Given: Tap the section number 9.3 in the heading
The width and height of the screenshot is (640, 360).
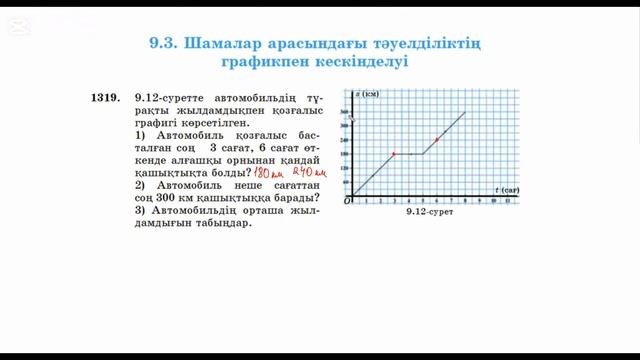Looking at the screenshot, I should [x=162, y=43].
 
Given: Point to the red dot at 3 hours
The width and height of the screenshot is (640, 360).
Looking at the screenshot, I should [x=394, y=154].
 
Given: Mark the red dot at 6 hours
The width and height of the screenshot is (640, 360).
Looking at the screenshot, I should [x=437, y=139].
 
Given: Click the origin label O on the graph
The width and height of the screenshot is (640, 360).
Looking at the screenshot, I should [x=348, y=201].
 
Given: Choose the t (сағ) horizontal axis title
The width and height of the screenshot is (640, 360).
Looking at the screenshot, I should [x=507, y=189].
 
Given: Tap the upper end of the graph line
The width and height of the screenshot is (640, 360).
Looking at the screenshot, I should [x=465, y=112].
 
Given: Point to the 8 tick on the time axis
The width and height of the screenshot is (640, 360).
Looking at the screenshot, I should [x=466, y=201].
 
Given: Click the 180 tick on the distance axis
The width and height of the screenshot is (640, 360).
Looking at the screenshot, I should [x=346, y=154].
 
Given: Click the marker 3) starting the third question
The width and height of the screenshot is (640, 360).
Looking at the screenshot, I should [x=140, y=210].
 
